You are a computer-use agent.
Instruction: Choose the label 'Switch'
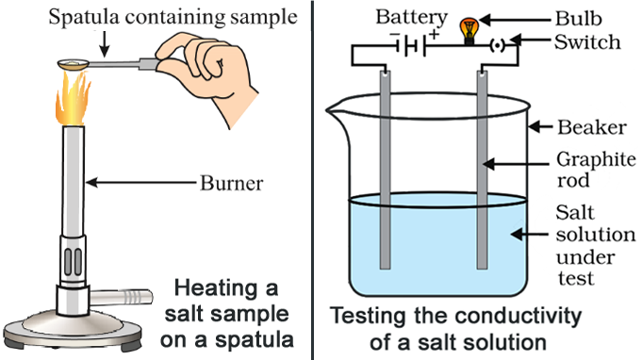pos(589,42)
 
